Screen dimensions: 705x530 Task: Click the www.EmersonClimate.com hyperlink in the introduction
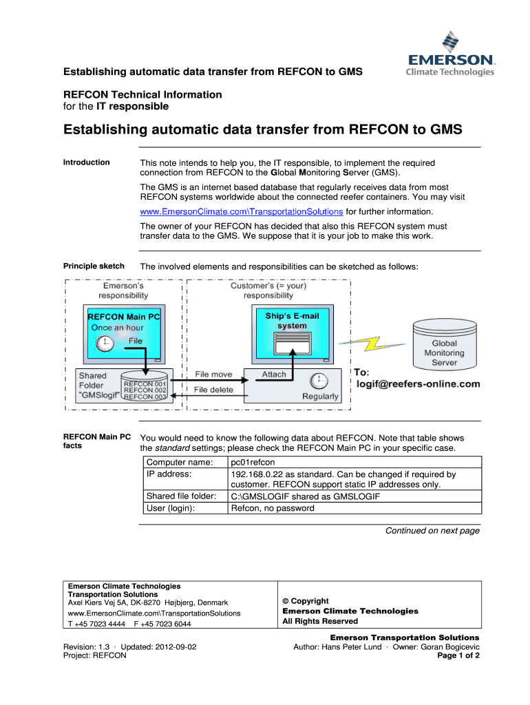click(x=241, y=211)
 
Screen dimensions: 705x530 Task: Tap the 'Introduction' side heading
click(x=86, y=162)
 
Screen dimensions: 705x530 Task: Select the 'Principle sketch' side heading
click(x=94, y=266)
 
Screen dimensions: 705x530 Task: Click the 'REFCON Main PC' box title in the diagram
click(x=124, y=317)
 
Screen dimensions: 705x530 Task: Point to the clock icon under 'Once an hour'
click(x=105, y=344)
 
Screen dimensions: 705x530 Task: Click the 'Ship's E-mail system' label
click(x=293, y=321)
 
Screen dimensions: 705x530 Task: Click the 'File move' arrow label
click(x=213, y=375)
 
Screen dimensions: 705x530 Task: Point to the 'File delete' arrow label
click(x=213, y=390)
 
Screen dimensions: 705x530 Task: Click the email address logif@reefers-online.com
click(x=417, y=384)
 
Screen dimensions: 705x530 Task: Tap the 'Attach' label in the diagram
click(x=274, y=375)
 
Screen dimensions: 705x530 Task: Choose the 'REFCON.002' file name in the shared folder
click(x=145, y=390)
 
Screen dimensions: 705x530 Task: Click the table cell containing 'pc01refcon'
click(x=254, y=462)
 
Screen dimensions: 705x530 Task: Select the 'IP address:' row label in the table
click(x=169, y=474)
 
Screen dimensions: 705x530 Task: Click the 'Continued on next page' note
click(x=432, y=531)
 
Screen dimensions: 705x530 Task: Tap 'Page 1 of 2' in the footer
click(x=458, y=656)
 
